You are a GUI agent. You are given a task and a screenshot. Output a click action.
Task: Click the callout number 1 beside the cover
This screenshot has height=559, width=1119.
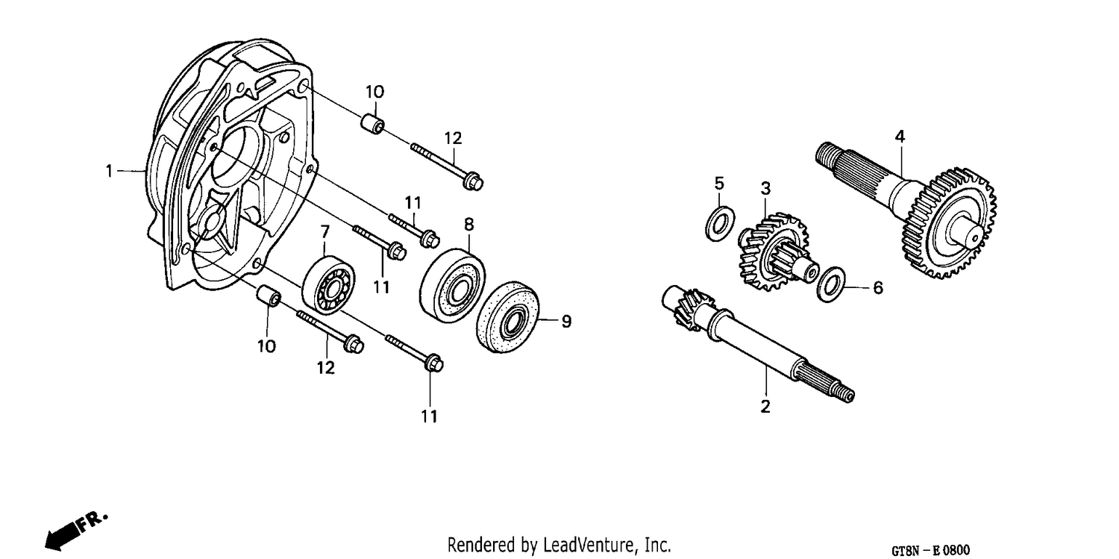[x=110, y=172]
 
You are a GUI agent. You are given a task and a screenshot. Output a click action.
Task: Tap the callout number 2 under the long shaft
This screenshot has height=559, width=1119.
[x=765, y=407]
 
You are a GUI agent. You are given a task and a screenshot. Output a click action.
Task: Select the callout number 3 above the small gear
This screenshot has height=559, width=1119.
[x=765, y=188]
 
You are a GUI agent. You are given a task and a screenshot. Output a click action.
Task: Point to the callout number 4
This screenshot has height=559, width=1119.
[x=900, y=137]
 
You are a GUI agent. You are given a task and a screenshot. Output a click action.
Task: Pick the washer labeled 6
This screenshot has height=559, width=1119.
[x=831, y=284]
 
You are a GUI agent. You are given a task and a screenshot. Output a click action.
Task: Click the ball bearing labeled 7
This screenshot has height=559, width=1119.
[x=328, y=285]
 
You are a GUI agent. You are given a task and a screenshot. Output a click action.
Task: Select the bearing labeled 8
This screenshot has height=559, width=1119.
[x=453, y=282]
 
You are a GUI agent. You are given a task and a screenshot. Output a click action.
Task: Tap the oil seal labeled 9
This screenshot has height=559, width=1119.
[x=508, y=317]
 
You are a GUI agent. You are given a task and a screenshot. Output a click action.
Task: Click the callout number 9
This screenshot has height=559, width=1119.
[x=566, y=321]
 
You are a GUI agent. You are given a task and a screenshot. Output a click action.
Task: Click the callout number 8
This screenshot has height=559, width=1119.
[x=468, y=225]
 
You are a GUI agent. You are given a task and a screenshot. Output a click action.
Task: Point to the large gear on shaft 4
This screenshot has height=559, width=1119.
[x=948, y=223]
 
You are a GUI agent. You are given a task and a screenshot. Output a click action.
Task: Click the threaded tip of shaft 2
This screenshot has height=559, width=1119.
[x=846, y=395]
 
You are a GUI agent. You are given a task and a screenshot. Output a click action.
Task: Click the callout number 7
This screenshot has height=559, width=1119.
[x=325, y=232]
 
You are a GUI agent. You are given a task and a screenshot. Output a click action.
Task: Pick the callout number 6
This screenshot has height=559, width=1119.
[x=878, y=288]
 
